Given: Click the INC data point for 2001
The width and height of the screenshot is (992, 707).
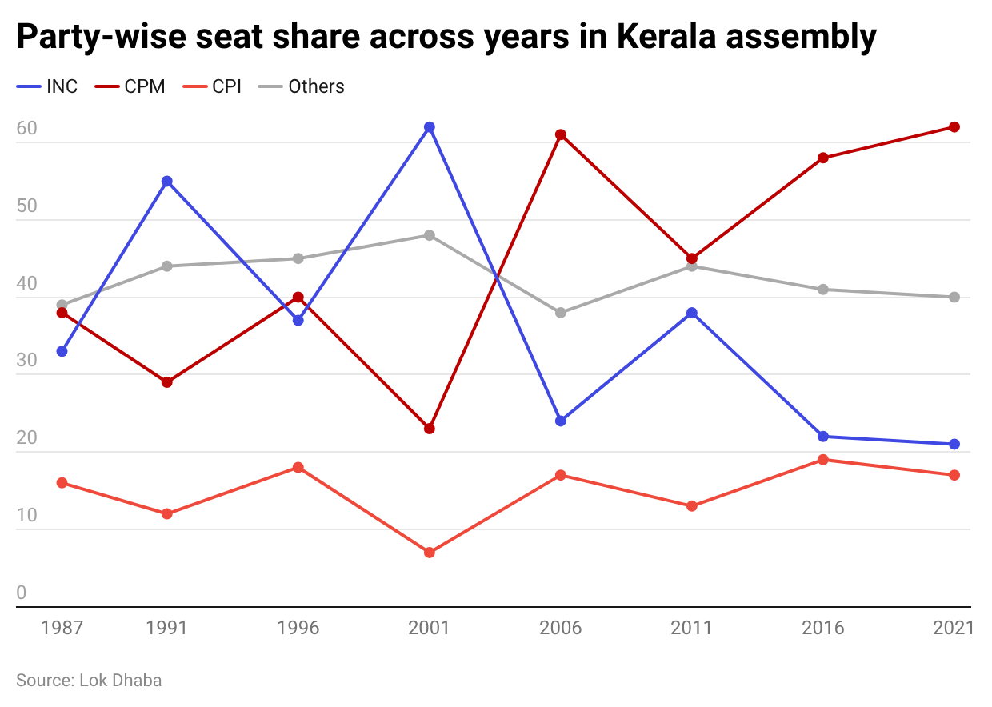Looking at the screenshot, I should [x=430, y=127].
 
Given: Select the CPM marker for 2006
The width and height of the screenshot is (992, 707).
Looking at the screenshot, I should [x=561, y=134].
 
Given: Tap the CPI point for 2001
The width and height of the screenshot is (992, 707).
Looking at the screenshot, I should [x=430, y=553].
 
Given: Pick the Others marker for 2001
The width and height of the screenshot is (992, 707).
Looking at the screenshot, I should [x=430, y=235].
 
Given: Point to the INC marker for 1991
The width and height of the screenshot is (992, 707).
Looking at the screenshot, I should [x=167, y=182].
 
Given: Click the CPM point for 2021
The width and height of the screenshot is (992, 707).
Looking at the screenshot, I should [x=954, y=127].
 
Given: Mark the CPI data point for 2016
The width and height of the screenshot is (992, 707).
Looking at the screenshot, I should [x=823, y=460].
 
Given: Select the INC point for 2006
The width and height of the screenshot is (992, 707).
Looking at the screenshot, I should [x=561, y=421].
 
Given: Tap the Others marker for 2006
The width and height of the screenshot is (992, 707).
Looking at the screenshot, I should [x=561, y=313].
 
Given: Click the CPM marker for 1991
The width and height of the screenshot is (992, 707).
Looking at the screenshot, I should [x=167, y=382].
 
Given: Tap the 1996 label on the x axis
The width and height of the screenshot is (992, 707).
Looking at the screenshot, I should [x=298, y=628].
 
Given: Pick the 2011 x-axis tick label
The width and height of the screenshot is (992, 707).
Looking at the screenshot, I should [x=692, y=628].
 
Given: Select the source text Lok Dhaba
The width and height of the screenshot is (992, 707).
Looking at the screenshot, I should [x=120, y=681].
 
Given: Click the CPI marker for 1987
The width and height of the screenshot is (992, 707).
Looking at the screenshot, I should [x=62, y=483].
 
